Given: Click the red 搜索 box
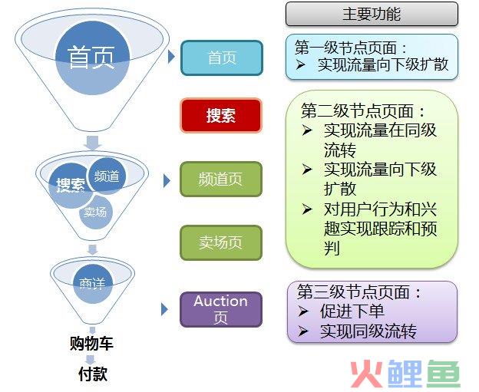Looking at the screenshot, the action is [x=221, y=115].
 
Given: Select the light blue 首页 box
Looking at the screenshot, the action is [x=222, y=58].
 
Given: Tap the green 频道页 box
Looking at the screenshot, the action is [x=221, y=180].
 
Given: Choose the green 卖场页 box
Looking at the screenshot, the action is [x=221, y=242].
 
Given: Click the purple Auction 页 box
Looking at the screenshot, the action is [x=221, y=309].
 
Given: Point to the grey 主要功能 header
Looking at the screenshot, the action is [x=372, y=14].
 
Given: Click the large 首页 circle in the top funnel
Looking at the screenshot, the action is [x=93, y=58].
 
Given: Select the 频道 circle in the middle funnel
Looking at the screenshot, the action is [x=107, y=176].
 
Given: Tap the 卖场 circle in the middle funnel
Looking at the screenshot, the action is [x=96, y=212].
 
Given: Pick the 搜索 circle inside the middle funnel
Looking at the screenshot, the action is [x=70, y=186].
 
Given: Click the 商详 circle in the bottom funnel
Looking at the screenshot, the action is [x=93, y=284].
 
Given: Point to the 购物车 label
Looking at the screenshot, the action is [x=91, y=343].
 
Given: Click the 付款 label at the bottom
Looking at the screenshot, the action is [x=93, y=374].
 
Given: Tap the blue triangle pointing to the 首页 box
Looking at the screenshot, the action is [x=171, y=57].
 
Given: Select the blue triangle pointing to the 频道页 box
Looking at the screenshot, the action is [x=167, y=181].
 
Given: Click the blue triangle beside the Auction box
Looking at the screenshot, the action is [x=164, y=310].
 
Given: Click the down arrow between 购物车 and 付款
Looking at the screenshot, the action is [x=91, y=360].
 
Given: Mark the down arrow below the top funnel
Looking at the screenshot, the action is [x=93, y=143].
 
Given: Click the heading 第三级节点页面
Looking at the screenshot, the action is [x=353, y=292].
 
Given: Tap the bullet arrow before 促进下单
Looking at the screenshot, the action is [x=302, y=311].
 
